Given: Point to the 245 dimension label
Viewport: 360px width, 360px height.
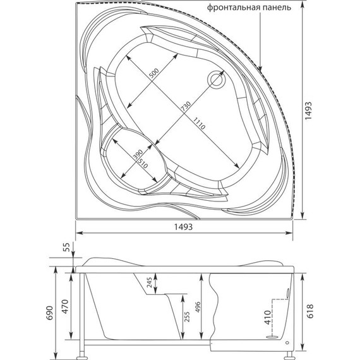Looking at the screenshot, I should coord(149,284).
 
